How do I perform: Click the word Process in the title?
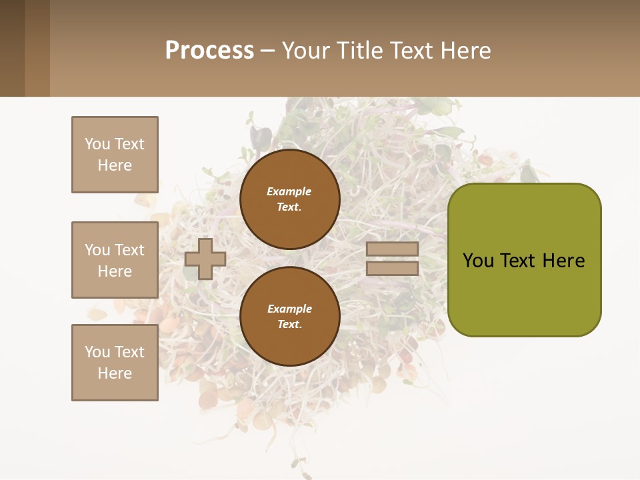tap(209, 51)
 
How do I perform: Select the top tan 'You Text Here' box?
tap(115, 155)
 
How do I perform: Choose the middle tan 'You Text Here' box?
tap(115, 260)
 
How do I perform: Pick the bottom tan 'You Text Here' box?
tap(115, 363)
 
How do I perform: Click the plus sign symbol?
tap(205, 259)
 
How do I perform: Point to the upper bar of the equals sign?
tap(393, 249)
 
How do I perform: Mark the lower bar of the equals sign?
tap(393, 268)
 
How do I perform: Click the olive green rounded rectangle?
tap(525, 293)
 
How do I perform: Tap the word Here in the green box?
tap(563, 261)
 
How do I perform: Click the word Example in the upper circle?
tap(289, 191)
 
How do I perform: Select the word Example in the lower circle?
tap(289, 309)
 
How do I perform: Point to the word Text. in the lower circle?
tap(289, 325)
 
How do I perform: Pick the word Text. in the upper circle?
tap(289, 207)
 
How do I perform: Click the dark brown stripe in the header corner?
tap(12, 48)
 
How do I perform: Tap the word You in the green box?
tap(479, 261)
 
